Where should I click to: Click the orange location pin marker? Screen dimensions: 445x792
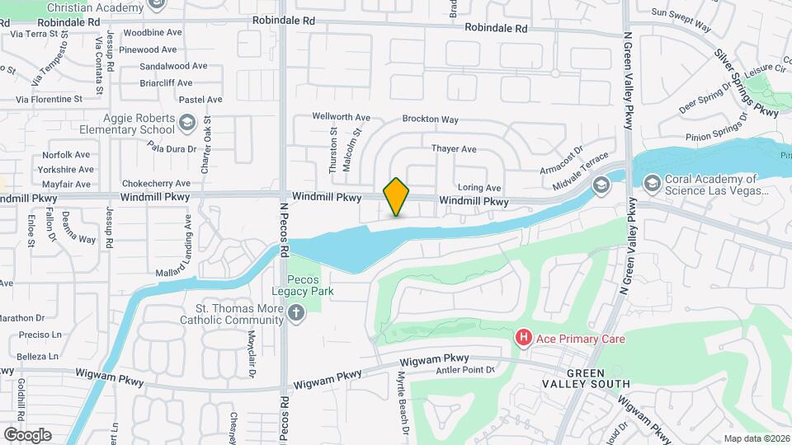(x=397, y=196)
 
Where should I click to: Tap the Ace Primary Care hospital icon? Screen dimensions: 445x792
(x=522, y=338)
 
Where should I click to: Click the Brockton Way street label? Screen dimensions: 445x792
(x=430, y=119)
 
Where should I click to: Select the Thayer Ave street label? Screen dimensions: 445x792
(x=454, y=149)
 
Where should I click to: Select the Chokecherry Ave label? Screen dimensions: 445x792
(x=156, y=183)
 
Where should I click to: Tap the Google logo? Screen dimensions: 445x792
(x=27, y=434)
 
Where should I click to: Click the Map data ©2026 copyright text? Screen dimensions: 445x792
(x=756, y=438)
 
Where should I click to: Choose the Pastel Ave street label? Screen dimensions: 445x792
(x=200, y=99)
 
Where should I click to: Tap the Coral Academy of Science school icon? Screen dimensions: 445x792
(x=651, y=184)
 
